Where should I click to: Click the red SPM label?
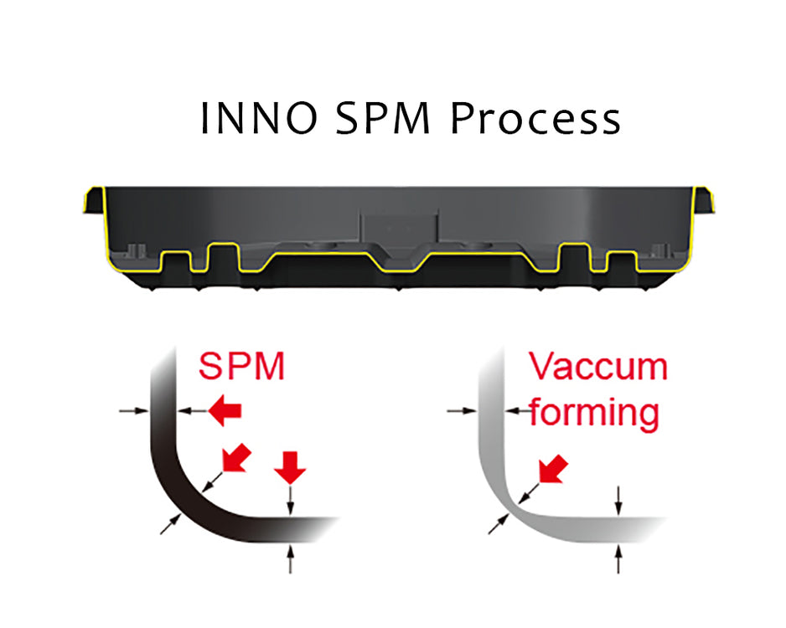click(x=241, y=366)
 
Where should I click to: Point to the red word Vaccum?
click(x=597, y=367)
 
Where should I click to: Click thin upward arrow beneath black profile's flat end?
click(x=291, y=557)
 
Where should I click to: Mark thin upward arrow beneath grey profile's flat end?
click(x=618, y=557)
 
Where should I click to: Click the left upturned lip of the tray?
click(x=92, y=201)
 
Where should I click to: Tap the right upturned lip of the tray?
click(x=706, y=201)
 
